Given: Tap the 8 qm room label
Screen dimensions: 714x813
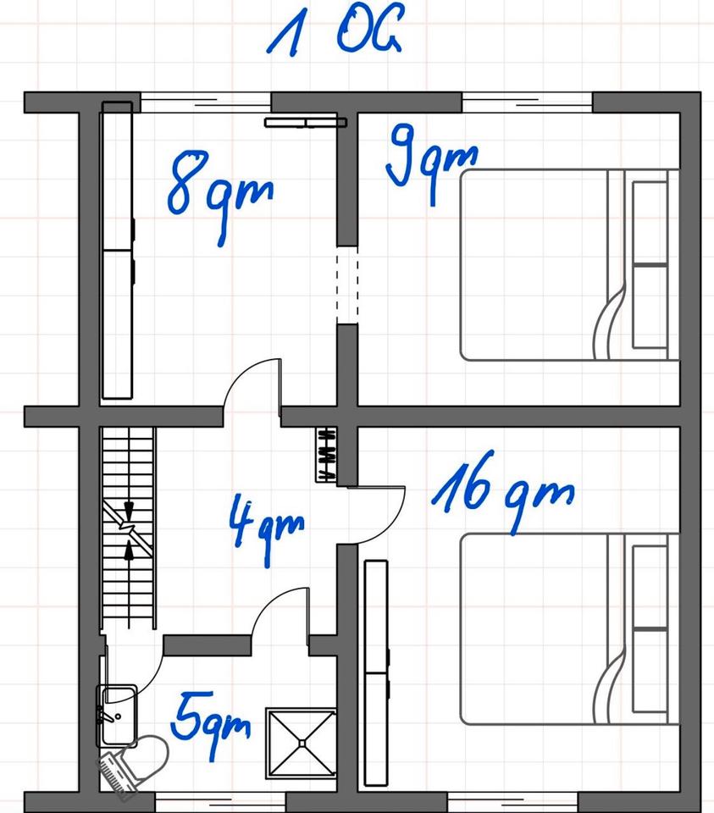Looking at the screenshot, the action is pyautogui.click(x=220, y=196).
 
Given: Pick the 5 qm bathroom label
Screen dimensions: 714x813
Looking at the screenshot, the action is pyautogui.click(x=211, y=723).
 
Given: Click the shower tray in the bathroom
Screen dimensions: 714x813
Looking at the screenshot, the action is pyautogui.click(x=301, y=743).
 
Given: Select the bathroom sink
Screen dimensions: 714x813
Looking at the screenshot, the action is pyautogui.click(x=118, y=716).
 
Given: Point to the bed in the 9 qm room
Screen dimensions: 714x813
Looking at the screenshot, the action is pyautogui.click(x=570, y=264).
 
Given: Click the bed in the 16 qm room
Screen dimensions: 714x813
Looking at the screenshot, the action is pyautogui.click(x=570, y=629).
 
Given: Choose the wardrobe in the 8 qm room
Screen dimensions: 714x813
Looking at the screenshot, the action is pyautogui.click(x=118, y=251).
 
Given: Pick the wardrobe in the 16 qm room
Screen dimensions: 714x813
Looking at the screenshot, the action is pyautogui.click(x=376, y=673).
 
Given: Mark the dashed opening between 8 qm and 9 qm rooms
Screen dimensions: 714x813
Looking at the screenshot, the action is pyautogui.click(x=347, y=285).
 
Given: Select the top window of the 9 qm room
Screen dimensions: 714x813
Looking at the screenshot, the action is pyautogui.click(x=528, y=102).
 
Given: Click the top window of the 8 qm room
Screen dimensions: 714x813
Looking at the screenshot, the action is pyautogui.click(x=206, y=102).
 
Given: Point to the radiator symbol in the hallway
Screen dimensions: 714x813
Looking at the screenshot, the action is pyautogui.click(x=326, y=455).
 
